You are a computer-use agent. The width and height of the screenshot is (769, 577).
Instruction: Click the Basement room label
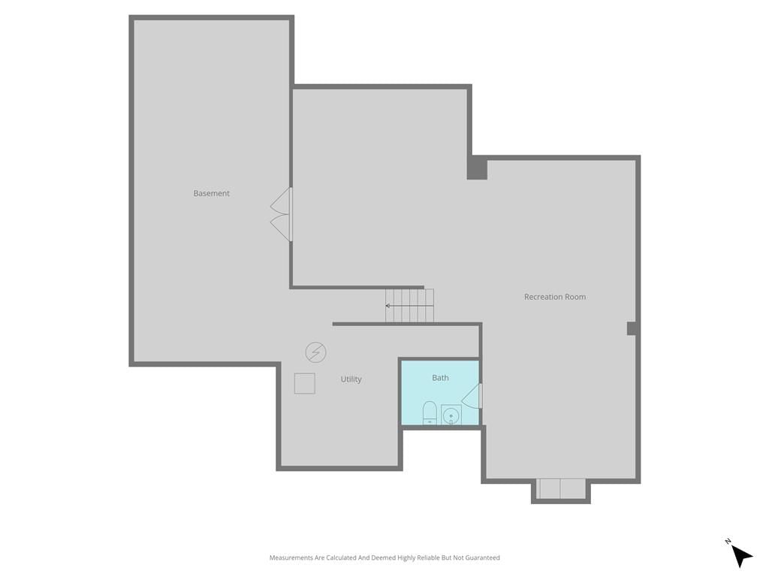[x=211, y=193]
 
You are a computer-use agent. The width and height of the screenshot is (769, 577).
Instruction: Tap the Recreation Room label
[x=555, y=297]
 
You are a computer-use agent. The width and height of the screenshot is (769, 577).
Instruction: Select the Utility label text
[x=351, y=379]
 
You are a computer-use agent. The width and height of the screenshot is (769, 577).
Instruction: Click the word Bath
[x=440, y=378]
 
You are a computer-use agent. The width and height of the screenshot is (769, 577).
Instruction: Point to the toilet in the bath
[x=430, y=412]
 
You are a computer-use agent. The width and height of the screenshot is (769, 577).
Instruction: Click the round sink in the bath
[x=451, y=415]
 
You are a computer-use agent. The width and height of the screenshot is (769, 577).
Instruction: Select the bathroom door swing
[x=472, y=395]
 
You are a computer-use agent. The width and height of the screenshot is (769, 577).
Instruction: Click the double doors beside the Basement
[x=281, y=214]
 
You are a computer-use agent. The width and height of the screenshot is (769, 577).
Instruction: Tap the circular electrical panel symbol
[x=315, y=352]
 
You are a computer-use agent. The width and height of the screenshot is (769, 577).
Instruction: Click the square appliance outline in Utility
[x=305, y=383]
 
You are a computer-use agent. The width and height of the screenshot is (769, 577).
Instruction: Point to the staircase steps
[x=409, y=305]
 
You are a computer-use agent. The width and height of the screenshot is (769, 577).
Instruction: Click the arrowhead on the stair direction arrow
[x=388, y=306]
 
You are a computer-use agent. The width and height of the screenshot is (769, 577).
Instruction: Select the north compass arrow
[x=742, y=557]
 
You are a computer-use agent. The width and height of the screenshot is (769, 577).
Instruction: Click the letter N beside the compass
[x=728, y=541]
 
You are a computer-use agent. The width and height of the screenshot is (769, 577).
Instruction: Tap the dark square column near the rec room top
[x=477, y=168]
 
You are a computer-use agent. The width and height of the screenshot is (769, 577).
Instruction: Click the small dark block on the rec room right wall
[x=632, y=328]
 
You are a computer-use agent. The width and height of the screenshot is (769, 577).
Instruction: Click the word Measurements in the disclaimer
[x=291, y=557]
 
